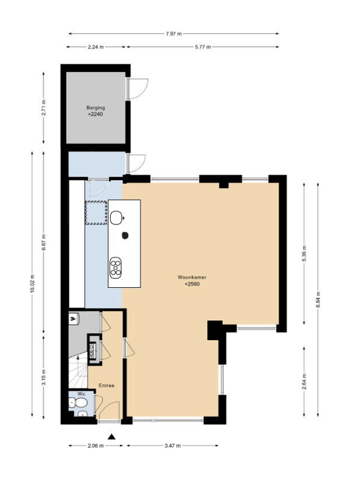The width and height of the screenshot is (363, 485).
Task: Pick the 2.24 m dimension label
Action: (x=96, y=46)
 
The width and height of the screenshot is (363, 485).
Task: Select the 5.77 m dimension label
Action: (x=203, y=46)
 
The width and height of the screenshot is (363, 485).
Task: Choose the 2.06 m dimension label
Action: (x=95, y=446)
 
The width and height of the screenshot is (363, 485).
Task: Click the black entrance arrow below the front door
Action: (x=111, y=436)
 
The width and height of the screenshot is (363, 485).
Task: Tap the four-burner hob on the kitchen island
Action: (x=115, y=266)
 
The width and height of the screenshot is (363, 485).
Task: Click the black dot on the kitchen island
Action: (x=125, y=235)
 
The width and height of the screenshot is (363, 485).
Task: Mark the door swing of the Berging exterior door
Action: (x=138, y=89)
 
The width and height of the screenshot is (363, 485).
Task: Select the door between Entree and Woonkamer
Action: (x=126, y=348)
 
